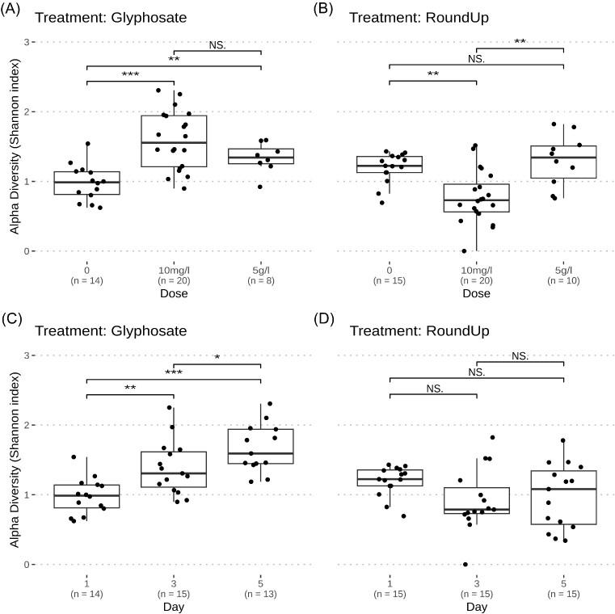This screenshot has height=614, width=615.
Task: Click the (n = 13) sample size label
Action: (261, 595)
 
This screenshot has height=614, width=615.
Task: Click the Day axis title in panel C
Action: (174, 607)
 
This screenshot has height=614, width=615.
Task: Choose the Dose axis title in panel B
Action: (477, 294)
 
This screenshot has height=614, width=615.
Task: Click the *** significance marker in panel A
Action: (130, 75)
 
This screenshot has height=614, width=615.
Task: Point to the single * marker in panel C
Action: (217, 358)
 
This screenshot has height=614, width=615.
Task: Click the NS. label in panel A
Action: (217, 45)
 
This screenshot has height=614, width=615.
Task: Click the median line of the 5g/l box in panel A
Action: (261, 158)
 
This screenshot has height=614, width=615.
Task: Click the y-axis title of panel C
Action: (15, 460)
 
